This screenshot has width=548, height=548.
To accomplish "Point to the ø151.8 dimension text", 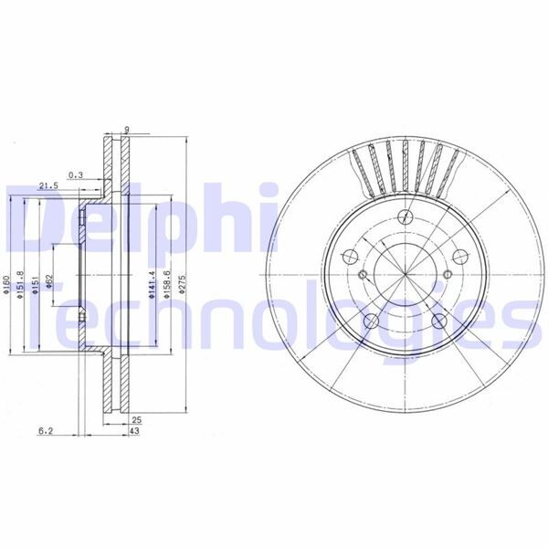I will pyautogui.click(x=20, y=291).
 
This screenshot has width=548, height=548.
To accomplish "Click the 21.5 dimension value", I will pyautogui.click(x=48, y=185).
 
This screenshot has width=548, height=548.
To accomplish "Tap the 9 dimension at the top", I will pyautogui.click(x=125, y=129).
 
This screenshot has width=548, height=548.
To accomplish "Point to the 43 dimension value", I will pyautogui.click(x=134, y=430).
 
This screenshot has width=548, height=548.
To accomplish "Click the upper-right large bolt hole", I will pyautogui.click(x=459, y=257).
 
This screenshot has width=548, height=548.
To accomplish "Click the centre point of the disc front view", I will pyautogui.click(x=405, y=274).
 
